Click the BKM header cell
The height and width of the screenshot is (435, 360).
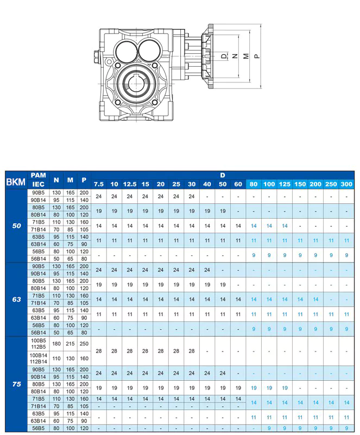pyautogui.click(x=16, y=181)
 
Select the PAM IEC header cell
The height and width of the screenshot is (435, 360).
pyautogui.click(x=39, y=180)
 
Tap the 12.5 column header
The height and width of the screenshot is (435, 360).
pyautogui.click(x=130, y=184)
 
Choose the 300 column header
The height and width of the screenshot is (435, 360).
pyautogui.click(x=346, y=184)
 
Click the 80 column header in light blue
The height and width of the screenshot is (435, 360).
pyautogui.click(x=254, y=184)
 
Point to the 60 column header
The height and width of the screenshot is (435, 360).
pyautogui.click(x=238, y=184)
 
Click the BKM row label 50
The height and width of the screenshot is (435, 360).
pyautogui.click(x=16, y=226)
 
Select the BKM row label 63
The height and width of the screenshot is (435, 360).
pyautogui.click(x=16, y=299)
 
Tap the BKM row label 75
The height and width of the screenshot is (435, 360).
pyautogui.click(x=16, y=384)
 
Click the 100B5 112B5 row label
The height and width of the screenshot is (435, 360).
pyautogui.click(x=39, y=343)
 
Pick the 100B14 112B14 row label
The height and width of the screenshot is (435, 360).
pyautogui.click(x=39, y=359)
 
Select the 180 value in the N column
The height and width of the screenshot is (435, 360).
pyautogui.click(x=56, y=343)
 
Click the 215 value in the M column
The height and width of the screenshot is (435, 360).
pyautogui.click(x=70, y=343)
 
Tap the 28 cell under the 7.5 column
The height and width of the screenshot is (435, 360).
pyautogui.click(x=99, y=351)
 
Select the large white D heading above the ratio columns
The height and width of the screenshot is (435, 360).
pyautogui.click(x=223, y=175)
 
